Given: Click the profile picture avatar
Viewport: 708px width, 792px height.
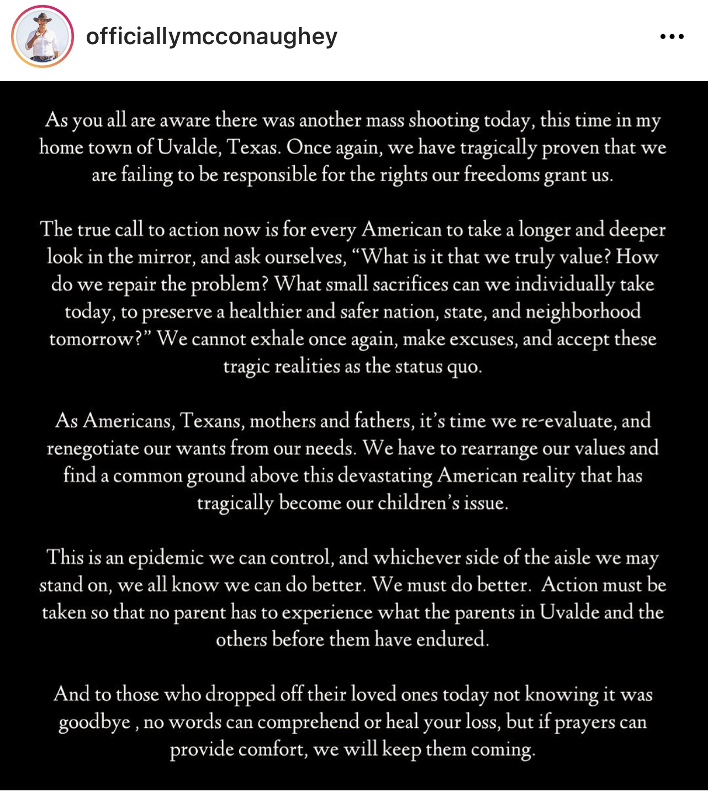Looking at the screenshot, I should [43, 36].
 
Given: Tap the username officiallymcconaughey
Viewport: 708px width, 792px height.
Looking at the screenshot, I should [212, 37].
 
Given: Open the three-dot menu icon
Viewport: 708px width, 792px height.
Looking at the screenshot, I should [672, 37].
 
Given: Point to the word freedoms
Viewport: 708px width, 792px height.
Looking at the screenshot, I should [501, 175].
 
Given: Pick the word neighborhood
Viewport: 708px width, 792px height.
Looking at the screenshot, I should [583, 311].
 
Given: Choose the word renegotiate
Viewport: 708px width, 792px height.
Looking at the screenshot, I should [92, 448].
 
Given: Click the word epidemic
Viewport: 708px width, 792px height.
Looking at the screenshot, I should [166, 558].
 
